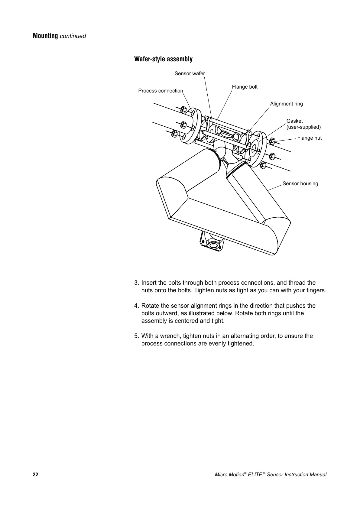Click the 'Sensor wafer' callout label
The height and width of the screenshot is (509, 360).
pyautogui.click(x=190, y=73)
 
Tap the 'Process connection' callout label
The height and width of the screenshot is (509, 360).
pyautogui.click(x=161, y=91)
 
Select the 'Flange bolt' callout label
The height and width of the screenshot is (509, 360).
pyautogui.click(x=245, y=87)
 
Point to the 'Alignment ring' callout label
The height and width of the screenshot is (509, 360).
pyautogui.click(x=286, y=104)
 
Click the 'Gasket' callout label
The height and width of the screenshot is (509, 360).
pyautogui.click(x=294, y=121)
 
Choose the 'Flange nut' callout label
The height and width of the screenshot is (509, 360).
pyautogui.click(x=309, y=138)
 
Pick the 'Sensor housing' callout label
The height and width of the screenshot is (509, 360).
pyautogui.click(x=300, y=183)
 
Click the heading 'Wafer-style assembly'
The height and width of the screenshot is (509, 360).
pyautogui.click(x=163, y=59)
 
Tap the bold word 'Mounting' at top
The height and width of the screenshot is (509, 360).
pyautogui.click(x=45, y=36)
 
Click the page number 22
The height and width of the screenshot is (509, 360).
pyautogui.click(x=35, y=475)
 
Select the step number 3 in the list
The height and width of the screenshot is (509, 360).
pyautogui.click(x=136, y=283)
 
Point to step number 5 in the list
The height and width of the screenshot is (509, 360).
pyautogui.click(x=136, y=336)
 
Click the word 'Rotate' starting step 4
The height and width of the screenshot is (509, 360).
pyautogui.click(x=151, y=306)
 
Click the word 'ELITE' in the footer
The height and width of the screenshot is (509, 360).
pyautogui.click(x=255, y=475)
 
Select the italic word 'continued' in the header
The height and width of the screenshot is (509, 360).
pyautogui.click(x=73, y=36)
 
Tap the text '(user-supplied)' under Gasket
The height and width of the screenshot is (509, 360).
pyautogui.click(x=303, y=127)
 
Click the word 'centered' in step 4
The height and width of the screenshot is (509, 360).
pyautogui.click(x=186, y=321)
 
